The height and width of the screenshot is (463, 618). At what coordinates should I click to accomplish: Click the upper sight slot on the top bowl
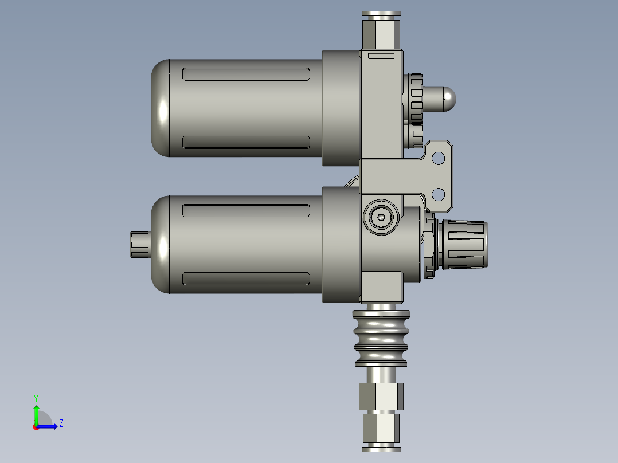[x=246, y=74]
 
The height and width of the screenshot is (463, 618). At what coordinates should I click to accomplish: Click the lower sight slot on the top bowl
[x=246, y=142]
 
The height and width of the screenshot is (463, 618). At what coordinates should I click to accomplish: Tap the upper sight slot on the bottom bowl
[x=246, y=210]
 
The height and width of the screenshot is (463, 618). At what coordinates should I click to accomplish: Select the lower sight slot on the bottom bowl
[x=246, y=278]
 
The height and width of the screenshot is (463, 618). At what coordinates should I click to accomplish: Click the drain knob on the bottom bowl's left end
[x=139, y=245]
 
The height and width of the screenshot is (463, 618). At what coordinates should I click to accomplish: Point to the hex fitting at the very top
[x=380, y=32]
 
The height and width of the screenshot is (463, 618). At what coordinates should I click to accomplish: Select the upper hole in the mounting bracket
[x=438, y=157]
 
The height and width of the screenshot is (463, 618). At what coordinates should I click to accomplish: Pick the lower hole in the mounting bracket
[x=438, y=194]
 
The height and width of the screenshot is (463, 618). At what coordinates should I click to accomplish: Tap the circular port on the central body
[x=381, y=217]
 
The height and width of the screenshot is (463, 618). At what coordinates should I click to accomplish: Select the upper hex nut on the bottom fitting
[x=381, y=396]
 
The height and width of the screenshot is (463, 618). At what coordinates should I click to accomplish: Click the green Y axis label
[x=36, y=398]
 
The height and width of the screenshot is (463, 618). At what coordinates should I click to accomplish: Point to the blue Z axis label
[x=61, y=423]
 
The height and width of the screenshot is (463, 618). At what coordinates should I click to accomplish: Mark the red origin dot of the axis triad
[x=36, y=426]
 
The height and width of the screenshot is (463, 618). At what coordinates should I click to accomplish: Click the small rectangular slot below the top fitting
[x=381, y=56]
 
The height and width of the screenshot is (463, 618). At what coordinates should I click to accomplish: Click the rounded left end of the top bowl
[x=161, y=108]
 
